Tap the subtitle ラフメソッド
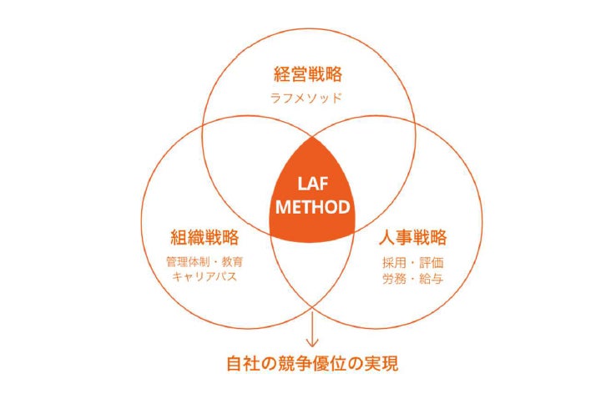point(307,98)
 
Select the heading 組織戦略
point(204,236)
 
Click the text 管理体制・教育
point(205,260)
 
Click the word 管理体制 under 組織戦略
point(190,260)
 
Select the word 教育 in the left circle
point(233,260)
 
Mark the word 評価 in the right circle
point(427,260)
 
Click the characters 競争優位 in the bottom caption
point(314,365)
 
